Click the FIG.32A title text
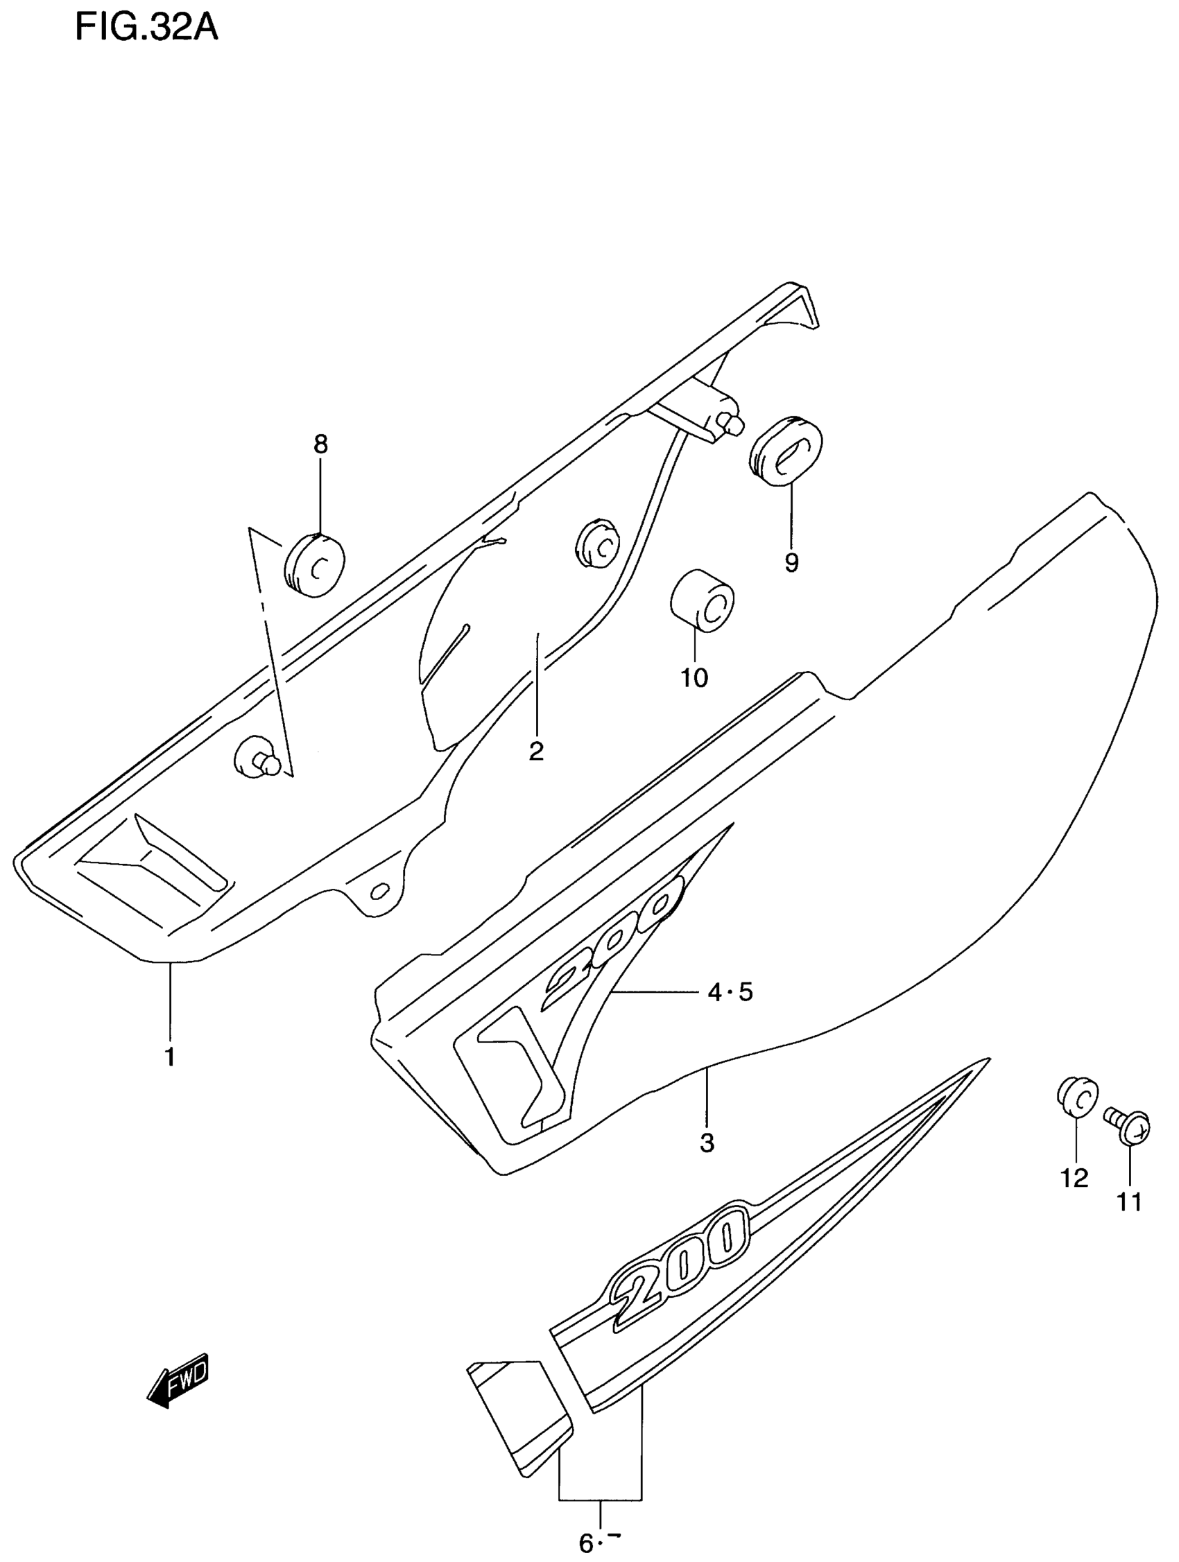pyautogui.click(x=146, y=30)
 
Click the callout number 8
pyautogui.click(x=320, y=444)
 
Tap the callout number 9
pyautogui.click(x=791, y=563)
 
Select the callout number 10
pyautogui.click(x=694, y=678)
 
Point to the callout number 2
pyautogui.click(x=536, y=751)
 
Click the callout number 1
pyautogui.click(x=169, y=1076)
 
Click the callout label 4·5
pyautogui.click(x=730, y=993)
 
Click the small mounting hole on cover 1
pyautogui.click(x=379, y=892)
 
